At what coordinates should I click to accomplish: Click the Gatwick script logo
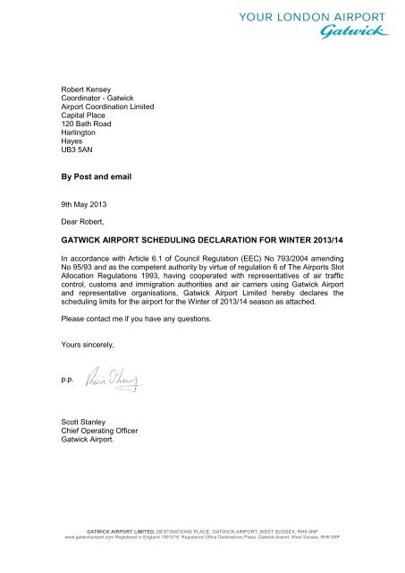pyautogui.click(x=354, y=33)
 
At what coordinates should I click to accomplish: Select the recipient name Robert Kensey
pyautogui.click(x=80, y=90)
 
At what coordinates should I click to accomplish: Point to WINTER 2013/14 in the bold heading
pyautogui.click(x=301, y=241)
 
